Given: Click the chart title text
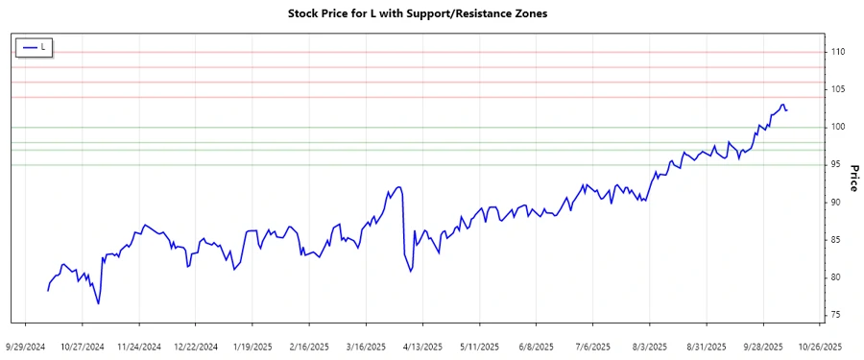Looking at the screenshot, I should tap(431, 13).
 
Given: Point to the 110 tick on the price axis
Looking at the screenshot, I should tap(838, 52).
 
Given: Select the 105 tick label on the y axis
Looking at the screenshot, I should tap(838, 89).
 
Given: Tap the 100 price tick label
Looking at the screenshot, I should tap(838, 127).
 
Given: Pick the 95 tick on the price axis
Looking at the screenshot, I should tap(836, 164).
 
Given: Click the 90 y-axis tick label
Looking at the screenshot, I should tap(836, 202).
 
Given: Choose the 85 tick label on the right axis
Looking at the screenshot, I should tap(836, 239).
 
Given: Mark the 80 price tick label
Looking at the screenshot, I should tap(836, 277).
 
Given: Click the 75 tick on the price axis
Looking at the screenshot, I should tap(836, 315).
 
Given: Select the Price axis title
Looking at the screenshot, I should tap(853, 179).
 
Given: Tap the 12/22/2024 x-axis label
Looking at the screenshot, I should tap(196, 346).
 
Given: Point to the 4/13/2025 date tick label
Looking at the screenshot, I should tap(422, 346).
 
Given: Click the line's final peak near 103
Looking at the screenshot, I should tap(782, 105).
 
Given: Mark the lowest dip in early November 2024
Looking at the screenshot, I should tap(99, 304).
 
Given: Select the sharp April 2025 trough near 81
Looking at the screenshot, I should tap(410, 272).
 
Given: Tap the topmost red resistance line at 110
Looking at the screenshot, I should tap(422, 52).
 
